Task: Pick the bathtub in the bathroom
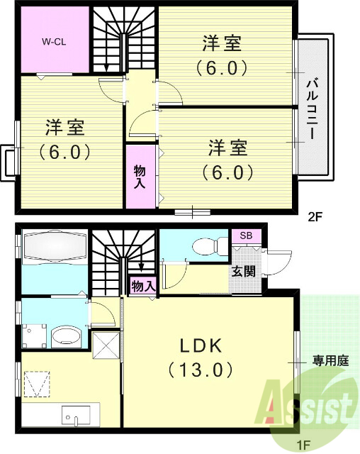[54, 248]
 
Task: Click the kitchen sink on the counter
[73, 413]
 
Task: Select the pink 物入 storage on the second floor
[140, 177]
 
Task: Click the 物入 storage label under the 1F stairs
[142, 286]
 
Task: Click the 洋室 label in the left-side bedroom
[66, 128]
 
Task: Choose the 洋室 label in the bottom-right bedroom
[228, 149]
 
